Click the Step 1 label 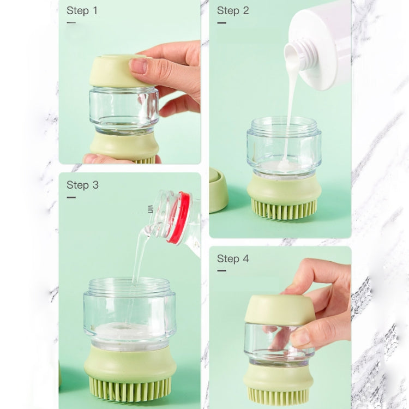pyautogui.click(x=82, y=10)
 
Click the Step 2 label pyautogui.click(x=233, y=10)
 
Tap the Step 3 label pyautogui.click(x=82, y=185)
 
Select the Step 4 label pyautogui.click(x=233, y=258)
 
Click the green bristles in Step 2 pyautogui.click(x=284, y=209)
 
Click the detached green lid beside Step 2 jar pyautogui.click(x=218, y=190)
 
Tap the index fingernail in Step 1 pyautogui.click(x=138, y=66)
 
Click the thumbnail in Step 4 pyautogui.click(x=299, y=338)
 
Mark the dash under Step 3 pyautogui.click(x=71, y=197)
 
